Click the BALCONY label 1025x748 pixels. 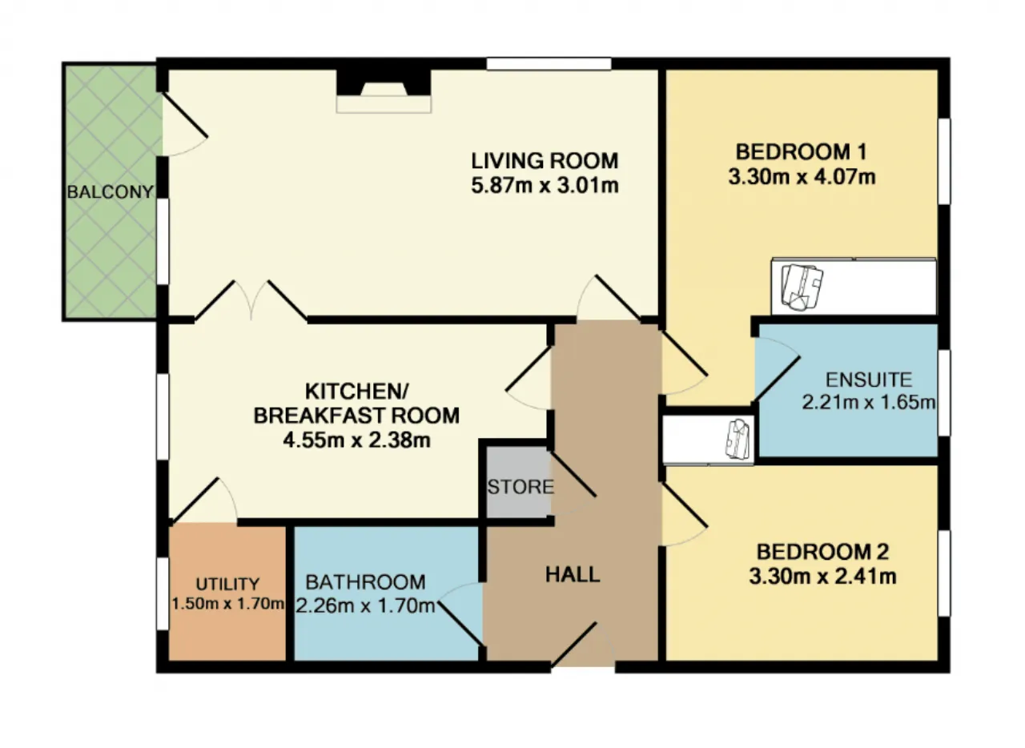(x=110, y=192)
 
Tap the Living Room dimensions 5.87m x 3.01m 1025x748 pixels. (x=545, y=185)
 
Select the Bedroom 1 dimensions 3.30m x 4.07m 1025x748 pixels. (x=802, y=177)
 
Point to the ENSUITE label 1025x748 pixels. (x=869, y=380)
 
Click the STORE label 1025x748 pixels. (x=521, y=487)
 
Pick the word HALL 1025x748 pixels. (x=573, y=574)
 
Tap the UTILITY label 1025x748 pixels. (x=227, y=584)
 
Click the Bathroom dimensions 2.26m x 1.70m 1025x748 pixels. (x=365, y=606)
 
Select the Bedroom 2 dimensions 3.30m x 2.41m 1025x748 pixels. (x=822, y=577)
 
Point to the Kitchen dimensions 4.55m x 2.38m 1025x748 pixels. (x=357, y=440)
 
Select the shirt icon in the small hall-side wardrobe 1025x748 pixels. (x=738, y=440)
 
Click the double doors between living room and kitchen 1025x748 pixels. (x=251, y=300)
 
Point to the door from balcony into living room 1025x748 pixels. (x=185, y=123)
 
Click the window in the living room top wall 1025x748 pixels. (x=549, y=63)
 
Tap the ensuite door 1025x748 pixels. (x=776, y=370)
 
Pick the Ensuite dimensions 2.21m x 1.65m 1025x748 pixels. (x=869, y=402)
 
